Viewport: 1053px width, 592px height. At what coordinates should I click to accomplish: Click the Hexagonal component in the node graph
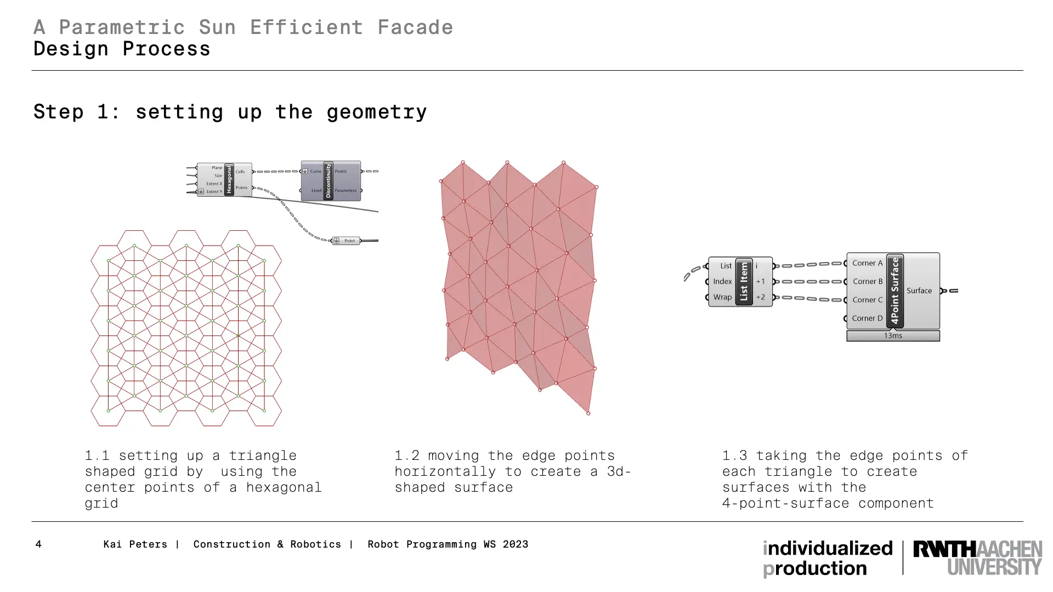tap(224, 180)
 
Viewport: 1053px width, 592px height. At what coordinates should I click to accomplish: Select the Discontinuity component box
tap(331, 181)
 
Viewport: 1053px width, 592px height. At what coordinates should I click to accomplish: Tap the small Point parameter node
tap(346, 241)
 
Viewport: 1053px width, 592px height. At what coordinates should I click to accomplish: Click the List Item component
tap(740, 282)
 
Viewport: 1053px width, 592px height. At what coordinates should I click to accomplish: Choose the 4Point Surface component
tap(893, 291)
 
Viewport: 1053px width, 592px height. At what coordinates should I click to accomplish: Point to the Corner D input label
tap(867, 318)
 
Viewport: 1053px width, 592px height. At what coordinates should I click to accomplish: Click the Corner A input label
tap(867, 263)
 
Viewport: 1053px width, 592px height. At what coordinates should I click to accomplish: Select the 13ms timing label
tap(893, 335)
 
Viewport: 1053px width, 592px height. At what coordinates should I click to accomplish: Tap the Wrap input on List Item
tap(722, 297)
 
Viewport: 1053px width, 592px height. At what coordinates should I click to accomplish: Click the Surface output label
tap(919, 291)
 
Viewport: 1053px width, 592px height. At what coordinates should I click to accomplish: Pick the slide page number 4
tap(38, 544)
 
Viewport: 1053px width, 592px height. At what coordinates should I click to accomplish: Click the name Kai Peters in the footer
tap(135, 544)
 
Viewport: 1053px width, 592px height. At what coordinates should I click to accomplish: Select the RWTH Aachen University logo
tap(977, 558)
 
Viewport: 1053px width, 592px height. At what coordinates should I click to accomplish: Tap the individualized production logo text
tap(828, 559)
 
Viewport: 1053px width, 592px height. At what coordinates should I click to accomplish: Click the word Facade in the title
tap(415, 27)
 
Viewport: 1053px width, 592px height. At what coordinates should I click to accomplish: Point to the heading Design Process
tap(122, 49)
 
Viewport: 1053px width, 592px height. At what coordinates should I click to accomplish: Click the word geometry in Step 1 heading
tap(376, 112)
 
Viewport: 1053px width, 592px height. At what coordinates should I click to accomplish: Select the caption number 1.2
tap(407, 456)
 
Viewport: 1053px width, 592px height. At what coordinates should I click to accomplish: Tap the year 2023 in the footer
tap(516, 544)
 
